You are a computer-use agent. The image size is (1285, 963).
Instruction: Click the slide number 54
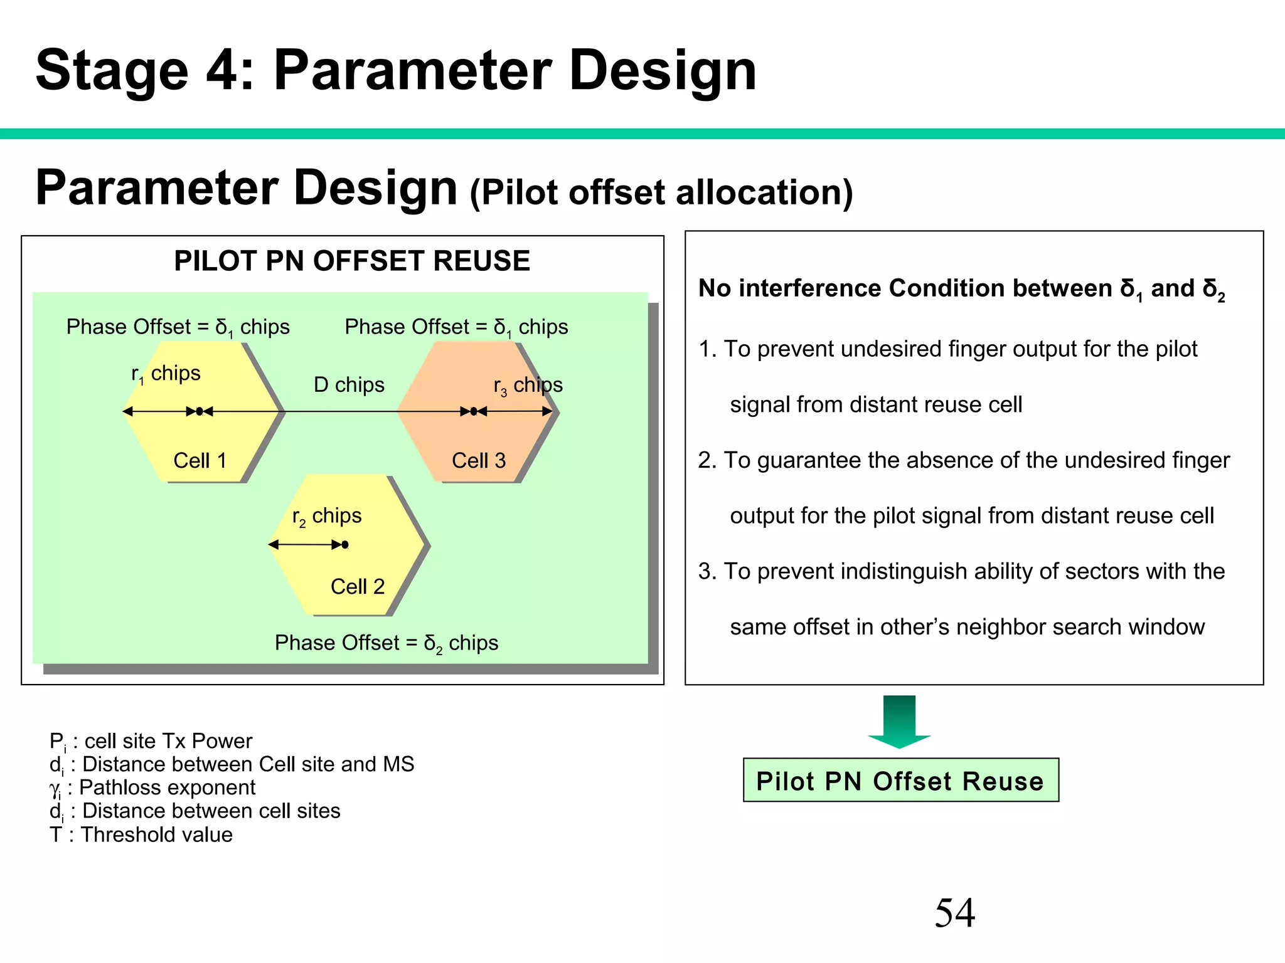954,913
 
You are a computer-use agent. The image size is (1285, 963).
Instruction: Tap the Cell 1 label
200,461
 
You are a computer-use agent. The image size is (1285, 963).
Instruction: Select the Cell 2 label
357,587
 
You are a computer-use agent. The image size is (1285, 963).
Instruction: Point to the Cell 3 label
478,461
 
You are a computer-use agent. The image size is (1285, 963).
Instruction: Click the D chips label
349,385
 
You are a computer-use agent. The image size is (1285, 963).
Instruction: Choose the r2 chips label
327,517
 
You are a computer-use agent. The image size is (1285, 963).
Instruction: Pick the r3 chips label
528,386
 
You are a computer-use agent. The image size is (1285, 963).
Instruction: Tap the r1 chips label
166,374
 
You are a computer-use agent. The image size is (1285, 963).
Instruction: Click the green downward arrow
899,721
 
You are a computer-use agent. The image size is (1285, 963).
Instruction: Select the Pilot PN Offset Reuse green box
900,781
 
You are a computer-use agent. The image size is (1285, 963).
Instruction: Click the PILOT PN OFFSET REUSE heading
352,261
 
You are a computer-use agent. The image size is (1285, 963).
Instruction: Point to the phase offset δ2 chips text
387,643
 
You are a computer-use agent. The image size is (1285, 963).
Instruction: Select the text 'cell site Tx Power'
168,741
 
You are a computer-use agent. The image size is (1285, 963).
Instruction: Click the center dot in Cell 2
345,545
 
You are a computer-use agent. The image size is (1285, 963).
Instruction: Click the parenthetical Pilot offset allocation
661,192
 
